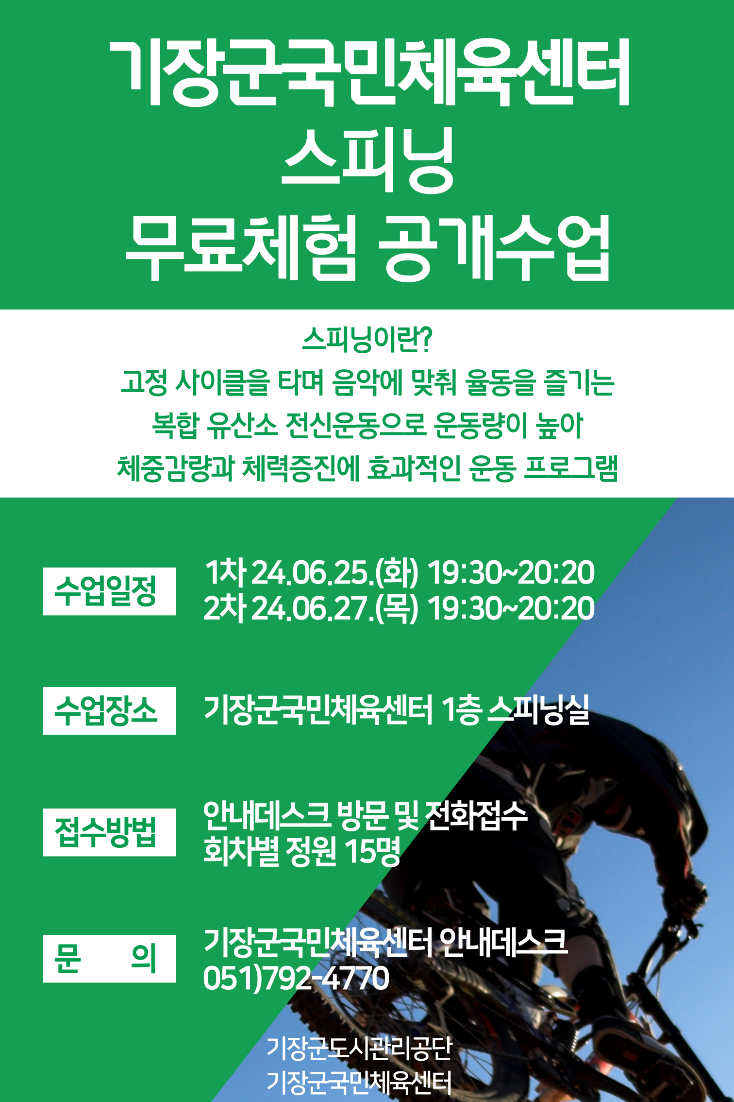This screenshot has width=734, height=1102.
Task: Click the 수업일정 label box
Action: (x=109, y=591)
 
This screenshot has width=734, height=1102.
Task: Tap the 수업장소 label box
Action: (x=109, y=710)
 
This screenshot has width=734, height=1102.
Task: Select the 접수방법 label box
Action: (x=109, y=832)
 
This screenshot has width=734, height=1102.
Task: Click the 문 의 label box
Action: (x=109, y=958)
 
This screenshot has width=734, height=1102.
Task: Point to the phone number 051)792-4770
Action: (x=296, y=978)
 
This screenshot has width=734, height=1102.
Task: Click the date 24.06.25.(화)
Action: (x=334, y=572)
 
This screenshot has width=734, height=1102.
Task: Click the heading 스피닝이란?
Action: (x=367, y=339)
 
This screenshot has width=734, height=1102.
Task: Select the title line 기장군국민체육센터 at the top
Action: (x=369, y=72)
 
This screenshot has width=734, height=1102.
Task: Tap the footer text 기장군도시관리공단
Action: (x=359, y=1048)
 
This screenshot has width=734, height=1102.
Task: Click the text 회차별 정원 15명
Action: (x=301, y=851)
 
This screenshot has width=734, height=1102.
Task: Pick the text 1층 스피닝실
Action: (x=515, y=709)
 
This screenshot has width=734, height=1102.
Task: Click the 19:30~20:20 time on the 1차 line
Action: (x=511, y=572)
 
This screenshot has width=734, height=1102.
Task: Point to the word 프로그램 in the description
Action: (x=571, y=468)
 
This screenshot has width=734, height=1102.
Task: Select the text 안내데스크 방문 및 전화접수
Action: (x=365, y=815)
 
